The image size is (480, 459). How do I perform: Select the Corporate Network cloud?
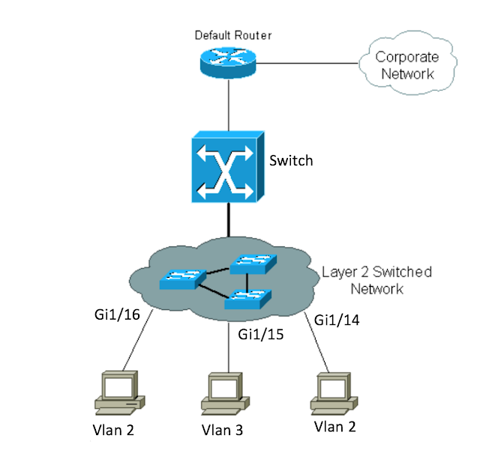[404, 65]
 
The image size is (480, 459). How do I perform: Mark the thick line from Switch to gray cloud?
[226, 222]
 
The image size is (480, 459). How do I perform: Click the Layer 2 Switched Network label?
[376, 280]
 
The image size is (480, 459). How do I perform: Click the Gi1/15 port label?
[259, 334]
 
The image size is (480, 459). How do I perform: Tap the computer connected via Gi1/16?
[119, 392]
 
